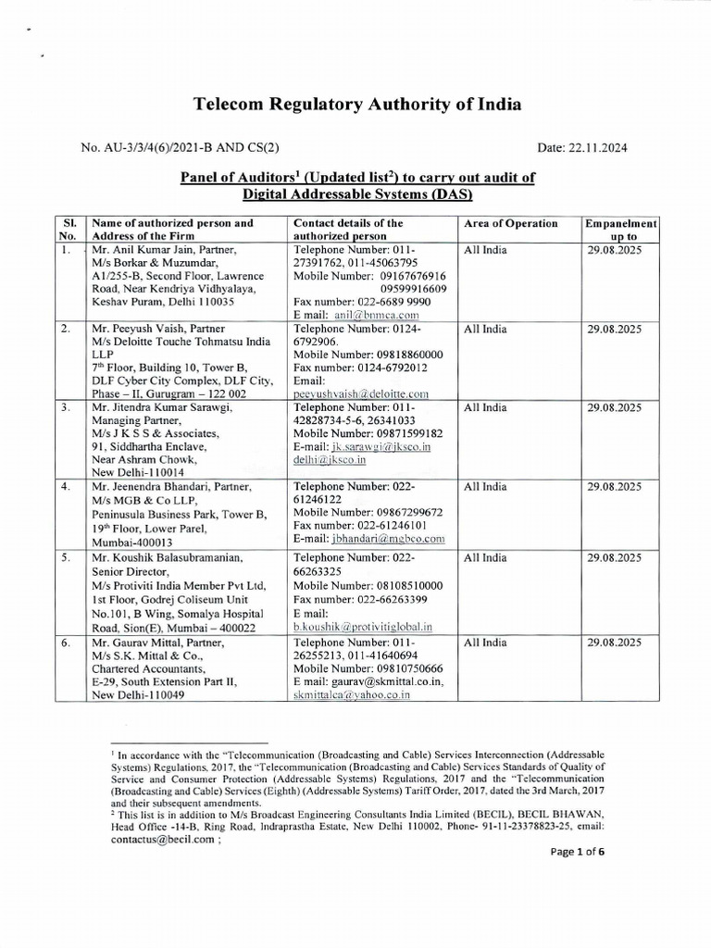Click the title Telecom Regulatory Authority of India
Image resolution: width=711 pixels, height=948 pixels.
click(x=356, y=105)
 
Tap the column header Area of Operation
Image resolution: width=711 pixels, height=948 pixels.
click(x=508, y=223)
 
